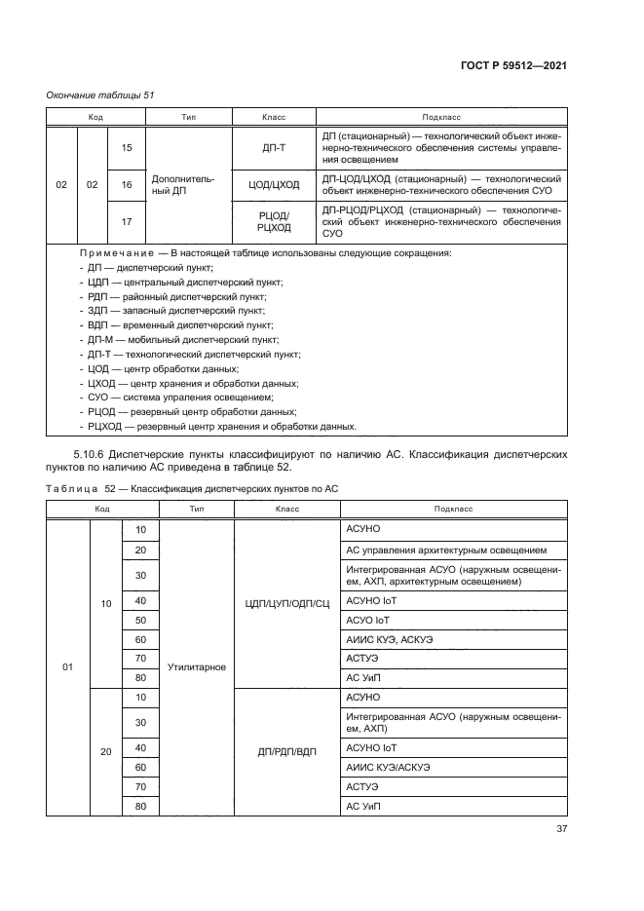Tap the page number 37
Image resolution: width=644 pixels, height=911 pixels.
pyautogui.click(x=560, y=829)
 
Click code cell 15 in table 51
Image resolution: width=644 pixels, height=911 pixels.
pyautogui.click(x=126, y=147)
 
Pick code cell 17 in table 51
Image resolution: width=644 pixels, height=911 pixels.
pyautogui.click(x=126, y=221)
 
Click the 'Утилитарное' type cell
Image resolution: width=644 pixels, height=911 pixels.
pyautogui.click(x=196, y=667)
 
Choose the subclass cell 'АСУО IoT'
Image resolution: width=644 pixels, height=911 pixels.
pyautogui.click(x=368, y=620)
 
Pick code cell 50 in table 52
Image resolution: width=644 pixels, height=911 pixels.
pyautogui.click(x=139, y=620)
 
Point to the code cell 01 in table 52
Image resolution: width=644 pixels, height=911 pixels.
pyautogui.click(x=67, y=667)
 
